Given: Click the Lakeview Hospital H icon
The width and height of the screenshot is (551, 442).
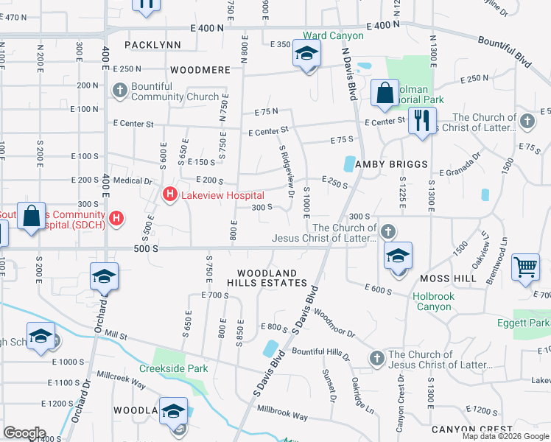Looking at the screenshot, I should [169, 195].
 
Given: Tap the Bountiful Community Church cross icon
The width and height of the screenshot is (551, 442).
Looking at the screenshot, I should [119, 91].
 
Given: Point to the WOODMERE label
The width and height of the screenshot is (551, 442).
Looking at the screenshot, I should [196, 71].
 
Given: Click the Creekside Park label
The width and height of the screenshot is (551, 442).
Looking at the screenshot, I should [175, 368].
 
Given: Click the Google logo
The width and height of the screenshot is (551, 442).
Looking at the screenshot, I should [24, 433].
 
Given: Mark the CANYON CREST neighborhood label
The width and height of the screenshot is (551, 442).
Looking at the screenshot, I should [471, 429].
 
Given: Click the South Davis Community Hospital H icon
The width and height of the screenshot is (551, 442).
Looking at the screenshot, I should [116, 218].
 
